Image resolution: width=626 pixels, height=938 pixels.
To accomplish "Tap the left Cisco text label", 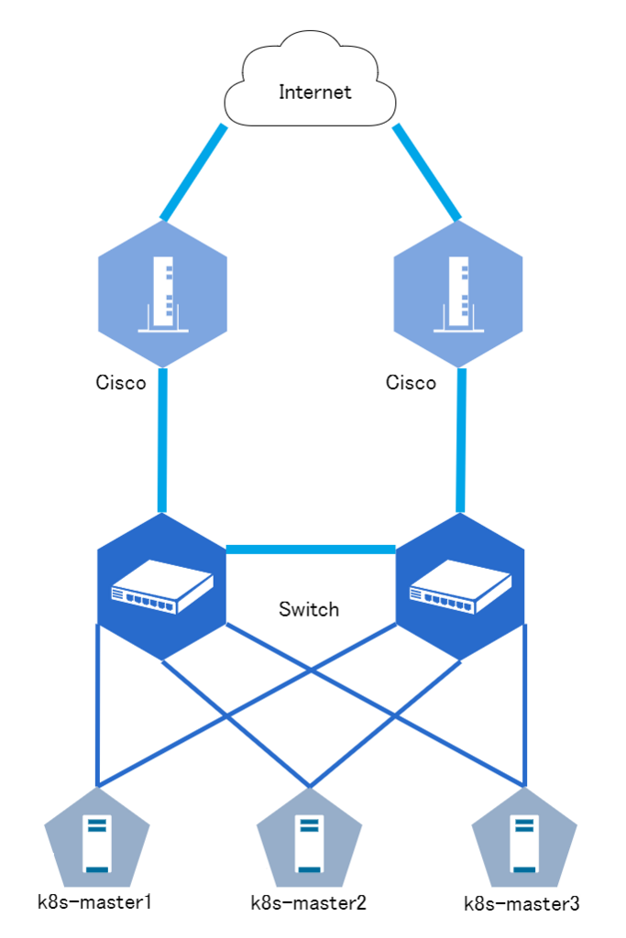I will (120, 382).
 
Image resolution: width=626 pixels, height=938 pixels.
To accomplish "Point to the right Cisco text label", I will (411, 382).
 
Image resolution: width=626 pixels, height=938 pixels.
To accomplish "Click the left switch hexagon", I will (162, 586).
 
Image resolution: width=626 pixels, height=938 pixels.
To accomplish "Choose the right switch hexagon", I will (459, 586).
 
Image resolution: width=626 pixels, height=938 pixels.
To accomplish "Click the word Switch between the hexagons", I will (309, 609).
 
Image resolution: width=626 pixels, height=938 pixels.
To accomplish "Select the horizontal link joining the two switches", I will (310, 550).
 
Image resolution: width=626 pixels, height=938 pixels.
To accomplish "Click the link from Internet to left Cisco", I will (193, 172).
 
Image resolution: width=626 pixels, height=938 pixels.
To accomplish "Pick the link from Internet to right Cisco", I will (427, 172).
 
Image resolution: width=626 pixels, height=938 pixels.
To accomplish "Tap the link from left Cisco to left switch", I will (163, 440).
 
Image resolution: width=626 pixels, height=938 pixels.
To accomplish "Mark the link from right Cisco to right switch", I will (462, 440).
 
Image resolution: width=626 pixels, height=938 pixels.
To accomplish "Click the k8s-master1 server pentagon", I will (96, 835).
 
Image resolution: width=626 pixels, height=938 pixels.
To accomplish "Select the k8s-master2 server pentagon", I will (309, 835).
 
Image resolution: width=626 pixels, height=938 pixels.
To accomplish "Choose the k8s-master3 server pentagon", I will (523, 835).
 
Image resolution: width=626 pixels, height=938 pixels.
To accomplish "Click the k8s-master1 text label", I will (93, 901).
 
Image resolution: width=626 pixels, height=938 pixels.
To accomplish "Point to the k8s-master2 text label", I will (308, 903).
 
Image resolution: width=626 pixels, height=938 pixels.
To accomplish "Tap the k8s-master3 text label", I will (522, 904).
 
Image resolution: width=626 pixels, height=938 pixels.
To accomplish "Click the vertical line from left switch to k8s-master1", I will (96, 705).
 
